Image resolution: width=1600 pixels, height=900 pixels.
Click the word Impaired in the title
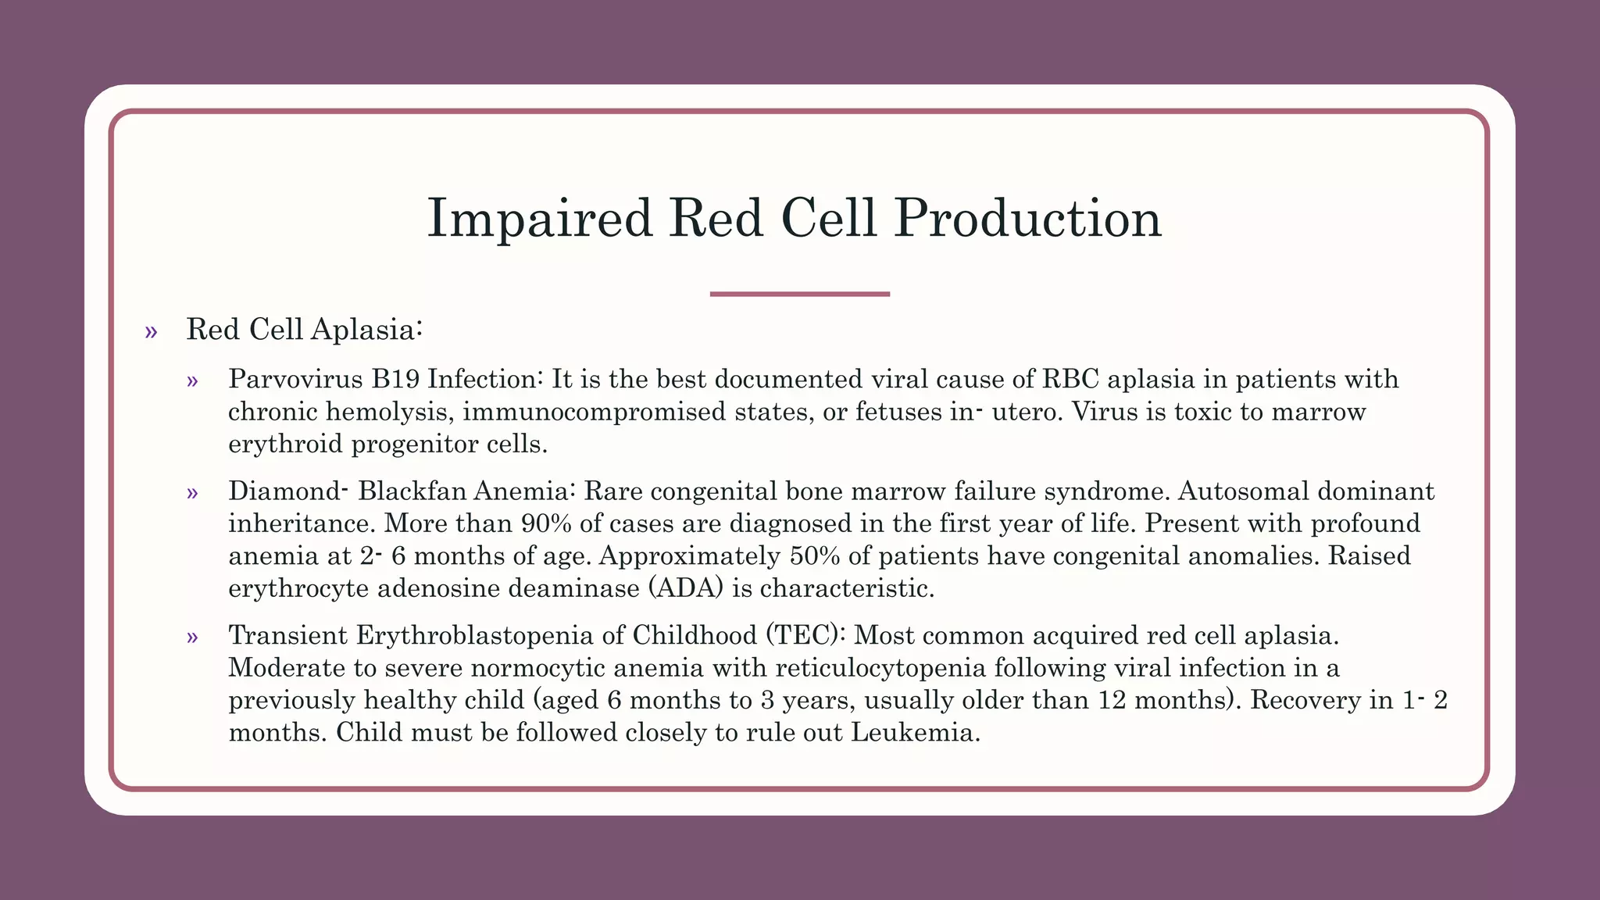click(539, 219)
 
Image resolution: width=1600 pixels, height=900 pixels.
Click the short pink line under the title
click(799, 294)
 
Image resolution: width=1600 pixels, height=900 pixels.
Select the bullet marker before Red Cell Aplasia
click(151, 332)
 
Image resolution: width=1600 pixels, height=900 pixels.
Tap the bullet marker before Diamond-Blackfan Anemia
click(192, 493)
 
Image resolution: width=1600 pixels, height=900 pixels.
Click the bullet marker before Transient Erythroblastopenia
click(192, 637)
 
